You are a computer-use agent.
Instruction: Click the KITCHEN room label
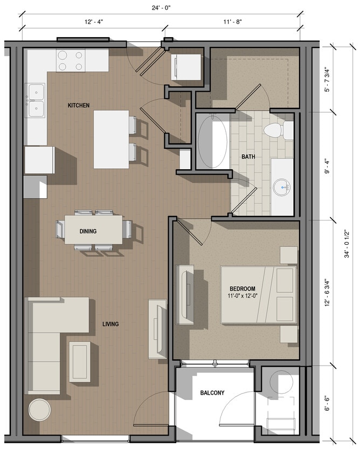[x=78, y=105]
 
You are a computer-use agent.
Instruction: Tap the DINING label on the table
[x=88, y=231]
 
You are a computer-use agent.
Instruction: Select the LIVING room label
[x=110, y=324]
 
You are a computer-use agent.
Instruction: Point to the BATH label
[x=248, y=157]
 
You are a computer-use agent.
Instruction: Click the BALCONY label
[x=212, y=392]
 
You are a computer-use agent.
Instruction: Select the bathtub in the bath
[x=212, y=142]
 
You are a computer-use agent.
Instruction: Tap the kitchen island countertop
[x=111, y=139]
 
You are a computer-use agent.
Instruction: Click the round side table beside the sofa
[x=39, y=410]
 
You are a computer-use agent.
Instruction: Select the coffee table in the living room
[x=80, y=362]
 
